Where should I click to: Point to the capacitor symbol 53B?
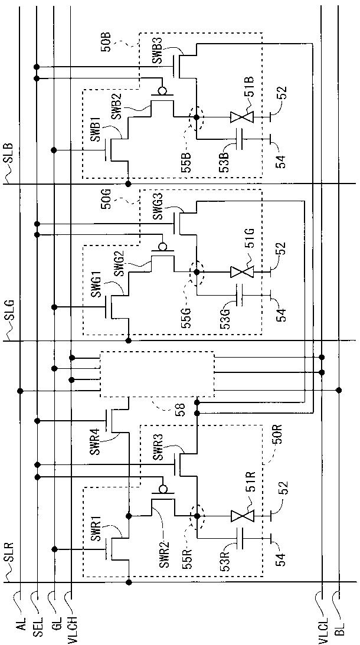pyautogui.click(x=239, y=139)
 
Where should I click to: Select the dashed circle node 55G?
pyautogui.click(x=197, y=272)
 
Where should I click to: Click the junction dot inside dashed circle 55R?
pyautogui.click(x=197, y=516)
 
